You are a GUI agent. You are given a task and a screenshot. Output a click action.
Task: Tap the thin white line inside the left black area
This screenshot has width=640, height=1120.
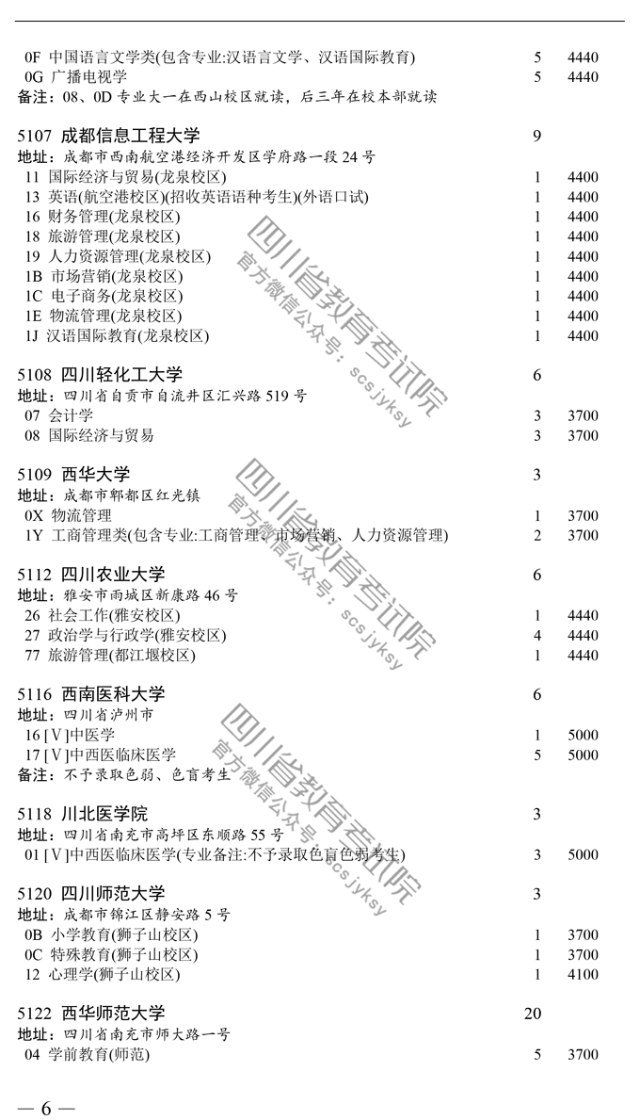(72, 745)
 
